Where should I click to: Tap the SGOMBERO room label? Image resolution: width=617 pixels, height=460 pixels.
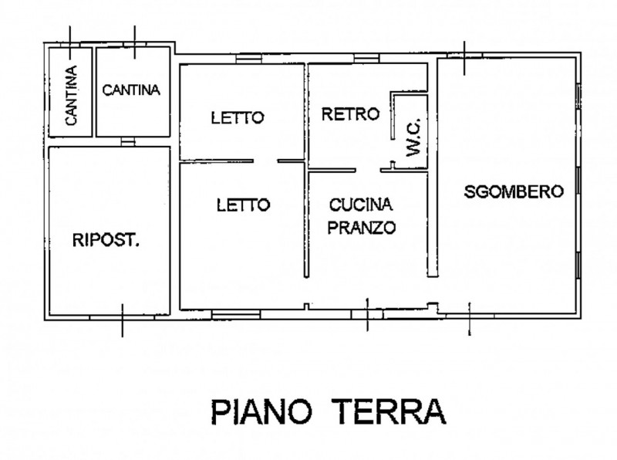click(x=514, y=192)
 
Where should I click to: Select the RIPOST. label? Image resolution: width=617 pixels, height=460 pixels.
click(x=106, y=241)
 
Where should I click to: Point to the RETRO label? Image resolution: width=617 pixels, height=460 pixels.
click(x=350, y=115)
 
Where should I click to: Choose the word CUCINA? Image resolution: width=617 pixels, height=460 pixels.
click(x=361, y=205)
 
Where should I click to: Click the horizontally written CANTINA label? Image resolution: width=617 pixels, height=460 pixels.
click(x=131, y=90)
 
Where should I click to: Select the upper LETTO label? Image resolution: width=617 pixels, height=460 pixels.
click(x=238, y=118)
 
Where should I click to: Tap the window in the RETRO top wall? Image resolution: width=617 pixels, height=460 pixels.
click(x=364, y=59)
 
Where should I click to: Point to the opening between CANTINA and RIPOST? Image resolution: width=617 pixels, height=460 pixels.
click(x=128, y=142)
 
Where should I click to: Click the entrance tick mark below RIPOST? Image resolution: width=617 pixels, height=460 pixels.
click(x=122, y=319)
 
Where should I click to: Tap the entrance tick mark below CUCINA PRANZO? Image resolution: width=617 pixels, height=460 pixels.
click(x=367, y=313)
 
